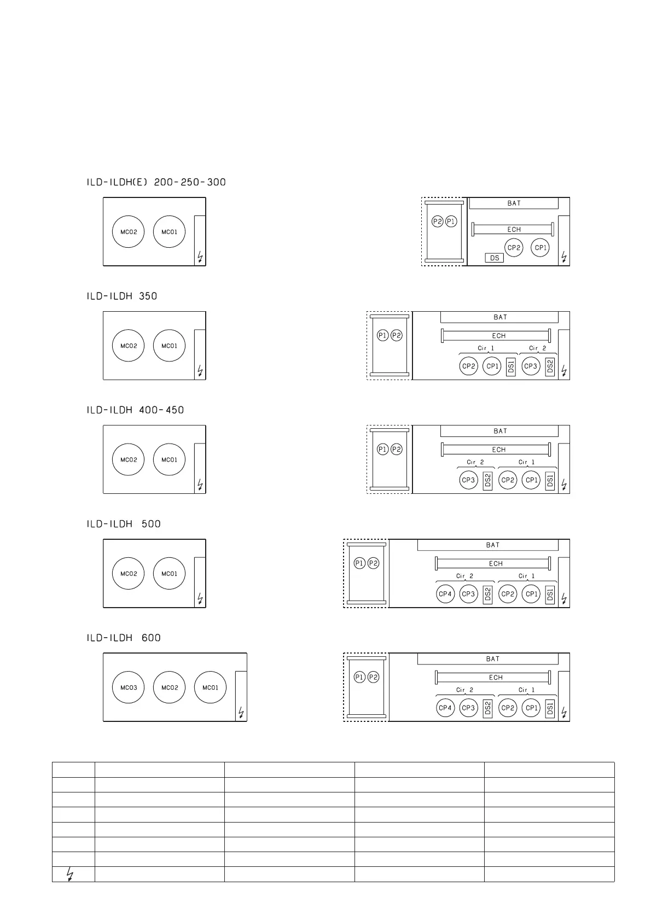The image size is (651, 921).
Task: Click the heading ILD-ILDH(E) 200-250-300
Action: coord(156,182)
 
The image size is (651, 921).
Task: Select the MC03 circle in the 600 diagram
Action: coord(129,687)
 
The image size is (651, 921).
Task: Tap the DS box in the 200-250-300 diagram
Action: coord(495,258)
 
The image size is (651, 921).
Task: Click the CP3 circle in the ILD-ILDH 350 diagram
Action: coord(531,366)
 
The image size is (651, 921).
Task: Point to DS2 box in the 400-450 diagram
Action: coord(488,480)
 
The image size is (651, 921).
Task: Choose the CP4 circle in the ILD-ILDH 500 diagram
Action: coord(445,594)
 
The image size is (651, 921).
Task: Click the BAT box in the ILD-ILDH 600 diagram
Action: coord(492,658)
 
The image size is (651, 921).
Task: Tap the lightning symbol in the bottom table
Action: coord(70,874)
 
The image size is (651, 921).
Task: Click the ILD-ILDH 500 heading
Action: coord(124,524)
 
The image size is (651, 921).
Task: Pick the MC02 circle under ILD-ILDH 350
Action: coord(129,346)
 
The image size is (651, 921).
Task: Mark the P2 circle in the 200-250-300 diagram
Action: coord(437,221)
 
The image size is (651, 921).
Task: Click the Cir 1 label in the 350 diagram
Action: coord(485,348)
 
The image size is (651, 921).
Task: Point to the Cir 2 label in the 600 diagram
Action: coord(464,690)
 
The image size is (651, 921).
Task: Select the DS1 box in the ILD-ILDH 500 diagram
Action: coord(550,594)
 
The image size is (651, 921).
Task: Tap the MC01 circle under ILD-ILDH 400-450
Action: coord(170,459)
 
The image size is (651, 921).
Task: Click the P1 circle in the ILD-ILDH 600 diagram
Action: coord(359,677)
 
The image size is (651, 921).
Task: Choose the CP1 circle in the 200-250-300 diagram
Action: coord(540,248)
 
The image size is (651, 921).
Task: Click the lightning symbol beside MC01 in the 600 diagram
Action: coord(241,713)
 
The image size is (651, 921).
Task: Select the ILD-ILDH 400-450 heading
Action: coord(135,410)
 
